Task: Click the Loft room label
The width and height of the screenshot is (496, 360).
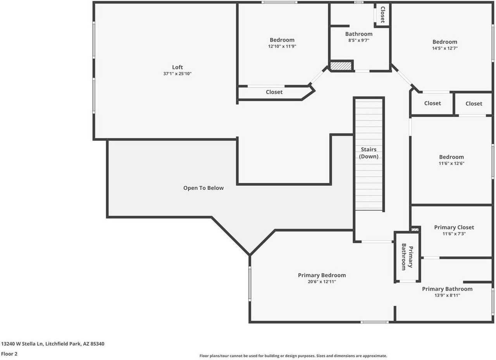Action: point(177,67)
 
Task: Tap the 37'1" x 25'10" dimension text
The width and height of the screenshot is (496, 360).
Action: point(177,74)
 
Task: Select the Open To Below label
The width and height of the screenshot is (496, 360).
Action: point(203,188)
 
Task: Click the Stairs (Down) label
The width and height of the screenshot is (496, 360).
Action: point(369,153)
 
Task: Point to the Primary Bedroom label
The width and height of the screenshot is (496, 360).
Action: point(322,275)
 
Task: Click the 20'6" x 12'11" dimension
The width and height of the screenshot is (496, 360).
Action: point(322,282)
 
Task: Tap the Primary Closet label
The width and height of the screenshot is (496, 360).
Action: point(454,227)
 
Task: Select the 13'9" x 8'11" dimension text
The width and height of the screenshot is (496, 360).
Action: point(447,295)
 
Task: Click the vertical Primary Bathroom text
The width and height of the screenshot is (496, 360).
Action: point(407,257)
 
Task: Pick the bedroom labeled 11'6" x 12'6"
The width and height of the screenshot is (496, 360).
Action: point(451,157)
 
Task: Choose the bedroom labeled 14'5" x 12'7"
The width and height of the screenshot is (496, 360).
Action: point(444,42)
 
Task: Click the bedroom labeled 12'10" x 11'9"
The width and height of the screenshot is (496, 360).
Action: point(282,40)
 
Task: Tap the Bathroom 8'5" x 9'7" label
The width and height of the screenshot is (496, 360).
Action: point(358,34)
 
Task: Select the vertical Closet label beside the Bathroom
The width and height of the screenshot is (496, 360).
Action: point(382,15)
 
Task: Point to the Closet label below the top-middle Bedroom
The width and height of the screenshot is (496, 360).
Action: point(274,92)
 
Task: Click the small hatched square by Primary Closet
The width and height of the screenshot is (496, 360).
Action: point(415,229)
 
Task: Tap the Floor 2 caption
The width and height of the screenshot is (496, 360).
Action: point(9,354)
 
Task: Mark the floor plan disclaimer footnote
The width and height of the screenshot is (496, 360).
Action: point(293,356)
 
